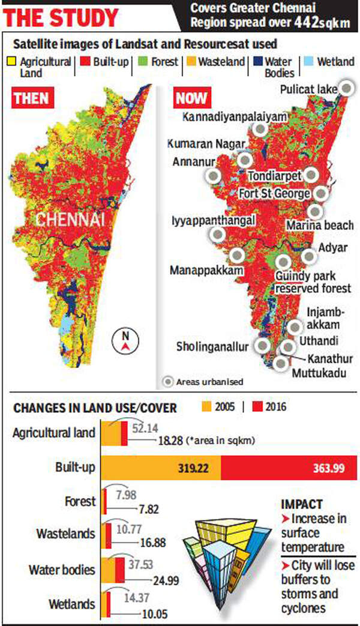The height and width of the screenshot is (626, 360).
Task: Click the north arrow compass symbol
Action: [x=124, y=342]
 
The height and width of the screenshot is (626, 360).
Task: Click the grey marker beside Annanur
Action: [x=212, y=176]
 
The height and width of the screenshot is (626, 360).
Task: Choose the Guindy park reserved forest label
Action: [x=312, y=283]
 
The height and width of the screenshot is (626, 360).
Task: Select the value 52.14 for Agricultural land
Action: [x=145, y=427]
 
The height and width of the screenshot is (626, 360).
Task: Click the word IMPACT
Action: [x=301, y=504]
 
